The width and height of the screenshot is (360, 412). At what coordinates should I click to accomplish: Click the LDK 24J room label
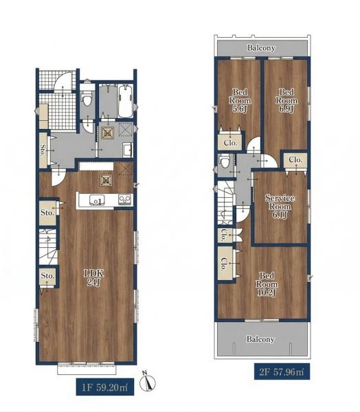click(x=94, y=277)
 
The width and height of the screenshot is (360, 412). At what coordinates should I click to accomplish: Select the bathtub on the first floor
click(x=126, y=102)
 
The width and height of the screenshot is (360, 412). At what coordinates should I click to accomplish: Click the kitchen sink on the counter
click(x=96, y=201)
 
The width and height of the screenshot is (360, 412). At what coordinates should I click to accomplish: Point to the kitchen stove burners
click(x=124, y=200)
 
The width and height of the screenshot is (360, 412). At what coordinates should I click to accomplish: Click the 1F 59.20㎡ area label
click(x=105, y=387)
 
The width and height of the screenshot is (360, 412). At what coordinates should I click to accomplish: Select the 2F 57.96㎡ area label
click(x=282, y=371)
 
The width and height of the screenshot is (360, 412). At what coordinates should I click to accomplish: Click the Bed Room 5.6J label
click(x=240, y=100)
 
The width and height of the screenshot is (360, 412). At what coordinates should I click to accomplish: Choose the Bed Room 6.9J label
click(x=286, y=100)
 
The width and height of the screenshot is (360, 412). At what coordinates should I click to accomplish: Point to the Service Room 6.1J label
click(x=280, y=207)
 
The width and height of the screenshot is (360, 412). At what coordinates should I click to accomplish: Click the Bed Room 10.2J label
click(x=267, y=284)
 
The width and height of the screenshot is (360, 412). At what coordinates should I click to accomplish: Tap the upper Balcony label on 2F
click(x=261, y=48)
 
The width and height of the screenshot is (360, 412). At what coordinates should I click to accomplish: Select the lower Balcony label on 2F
click(x=260, y=339)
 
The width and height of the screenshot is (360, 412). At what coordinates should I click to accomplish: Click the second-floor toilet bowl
click(x=225, y=161)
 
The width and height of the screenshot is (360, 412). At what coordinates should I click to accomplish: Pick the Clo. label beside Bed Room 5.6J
click(x=230, y=143)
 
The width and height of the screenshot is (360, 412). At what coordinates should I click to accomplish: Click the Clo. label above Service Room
click(x=295, y=159)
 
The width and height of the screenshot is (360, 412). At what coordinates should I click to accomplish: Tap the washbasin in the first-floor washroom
click(x=128, y=150)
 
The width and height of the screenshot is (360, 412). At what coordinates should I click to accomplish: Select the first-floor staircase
click(x=48, y=247)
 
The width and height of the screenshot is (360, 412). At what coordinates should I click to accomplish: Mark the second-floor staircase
click(x=226, y=203)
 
